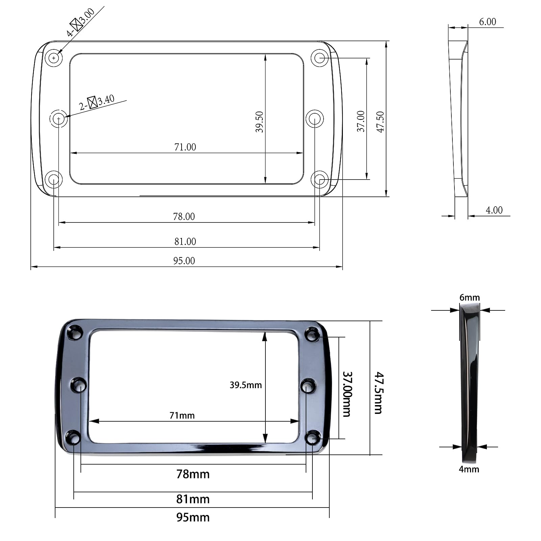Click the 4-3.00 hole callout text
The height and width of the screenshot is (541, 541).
[80, 23]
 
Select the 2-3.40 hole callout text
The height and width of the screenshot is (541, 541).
[97, 102]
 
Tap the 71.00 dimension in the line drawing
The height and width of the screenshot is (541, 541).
[185, 147]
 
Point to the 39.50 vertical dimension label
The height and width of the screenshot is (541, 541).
[259, 122]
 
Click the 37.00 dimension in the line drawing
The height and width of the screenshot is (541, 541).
[361, 121]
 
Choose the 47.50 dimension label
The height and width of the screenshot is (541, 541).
[380, 122]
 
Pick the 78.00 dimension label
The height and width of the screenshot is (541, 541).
[184, 216]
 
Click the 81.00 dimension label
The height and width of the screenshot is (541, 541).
[185, 241]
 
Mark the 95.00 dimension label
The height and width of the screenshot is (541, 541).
[184, 261]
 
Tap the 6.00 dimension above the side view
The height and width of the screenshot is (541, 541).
[488, 22]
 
